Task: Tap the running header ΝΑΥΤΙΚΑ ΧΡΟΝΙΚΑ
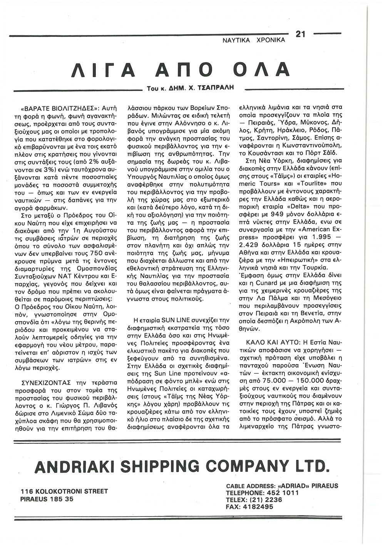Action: point(254,40)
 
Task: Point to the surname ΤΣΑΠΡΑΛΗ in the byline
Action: point(217,88)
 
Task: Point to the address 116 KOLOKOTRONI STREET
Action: point(65,491)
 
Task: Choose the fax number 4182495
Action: point(258,507)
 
